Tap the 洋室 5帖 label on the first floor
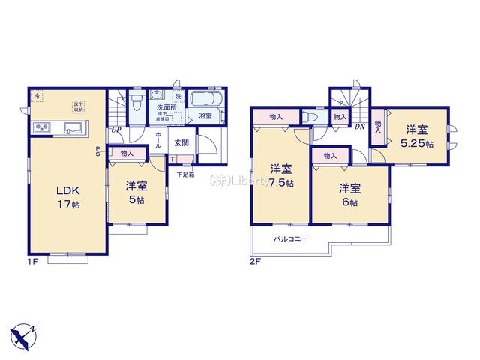(136, 192)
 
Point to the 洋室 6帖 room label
(349, 194)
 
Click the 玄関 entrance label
(182, 142)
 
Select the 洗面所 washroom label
(166, 107)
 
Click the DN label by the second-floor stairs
(360, 127)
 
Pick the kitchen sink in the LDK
(74, 127)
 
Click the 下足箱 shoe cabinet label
(186, 175)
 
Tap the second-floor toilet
(310, 117)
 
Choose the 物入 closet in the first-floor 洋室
(127, 153)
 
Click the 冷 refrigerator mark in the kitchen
(37, 96)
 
